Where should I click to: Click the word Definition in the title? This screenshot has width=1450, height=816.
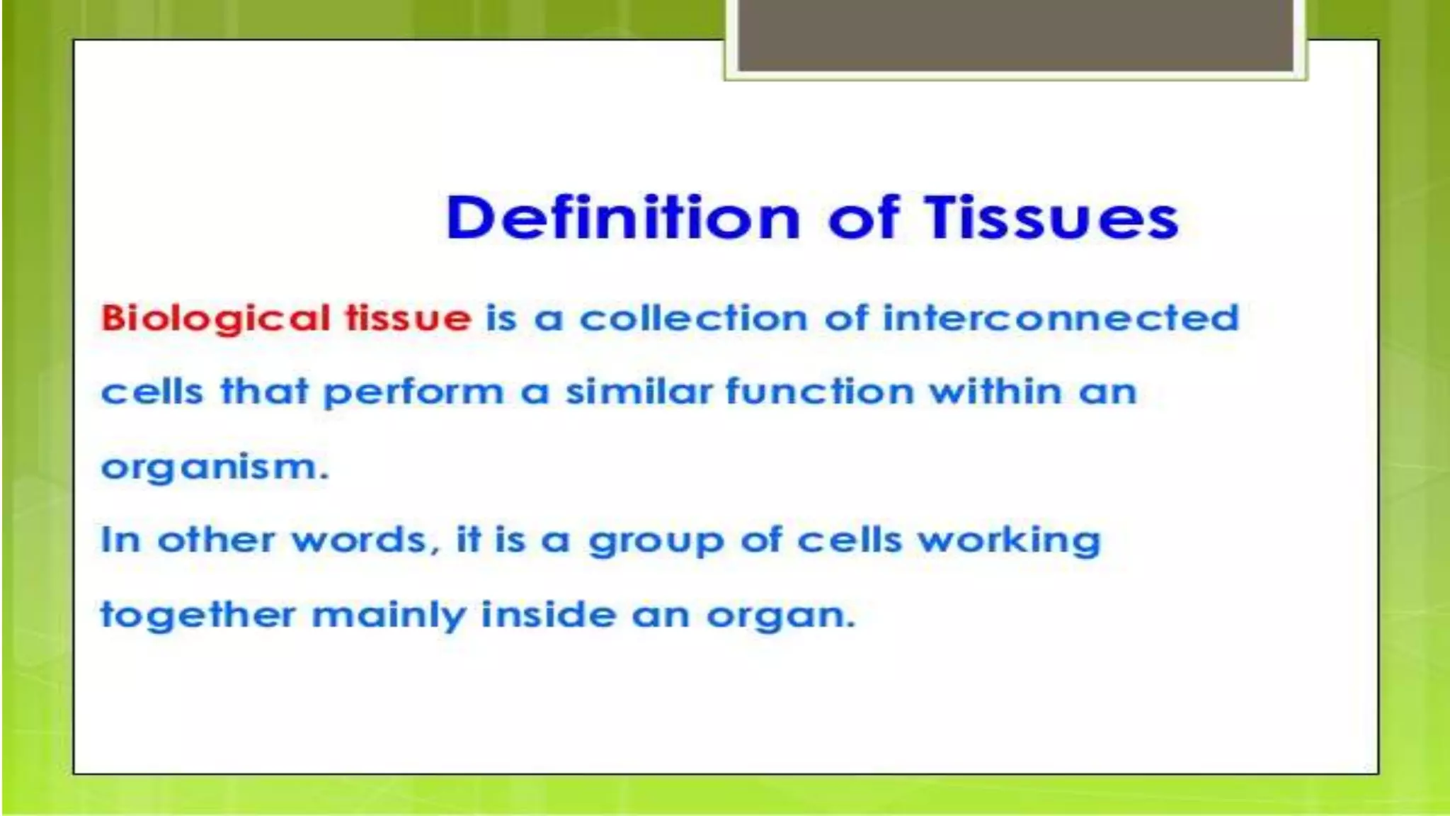pos(623,217)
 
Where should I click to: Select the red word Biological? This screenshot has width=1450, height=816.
pos(215,319)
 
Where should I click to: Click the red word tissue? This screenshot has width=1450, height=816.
pos(408,318)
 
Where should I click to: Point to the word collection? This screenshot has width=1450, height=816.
pos(694,318)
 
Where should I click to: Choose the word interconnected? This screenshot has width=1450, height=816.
pos(1061,318)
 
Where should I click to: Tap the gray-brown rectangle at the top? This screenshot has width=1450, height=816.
pos(1015,35)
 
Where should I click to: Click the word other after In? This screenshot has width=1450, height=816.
pos(216,540)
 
